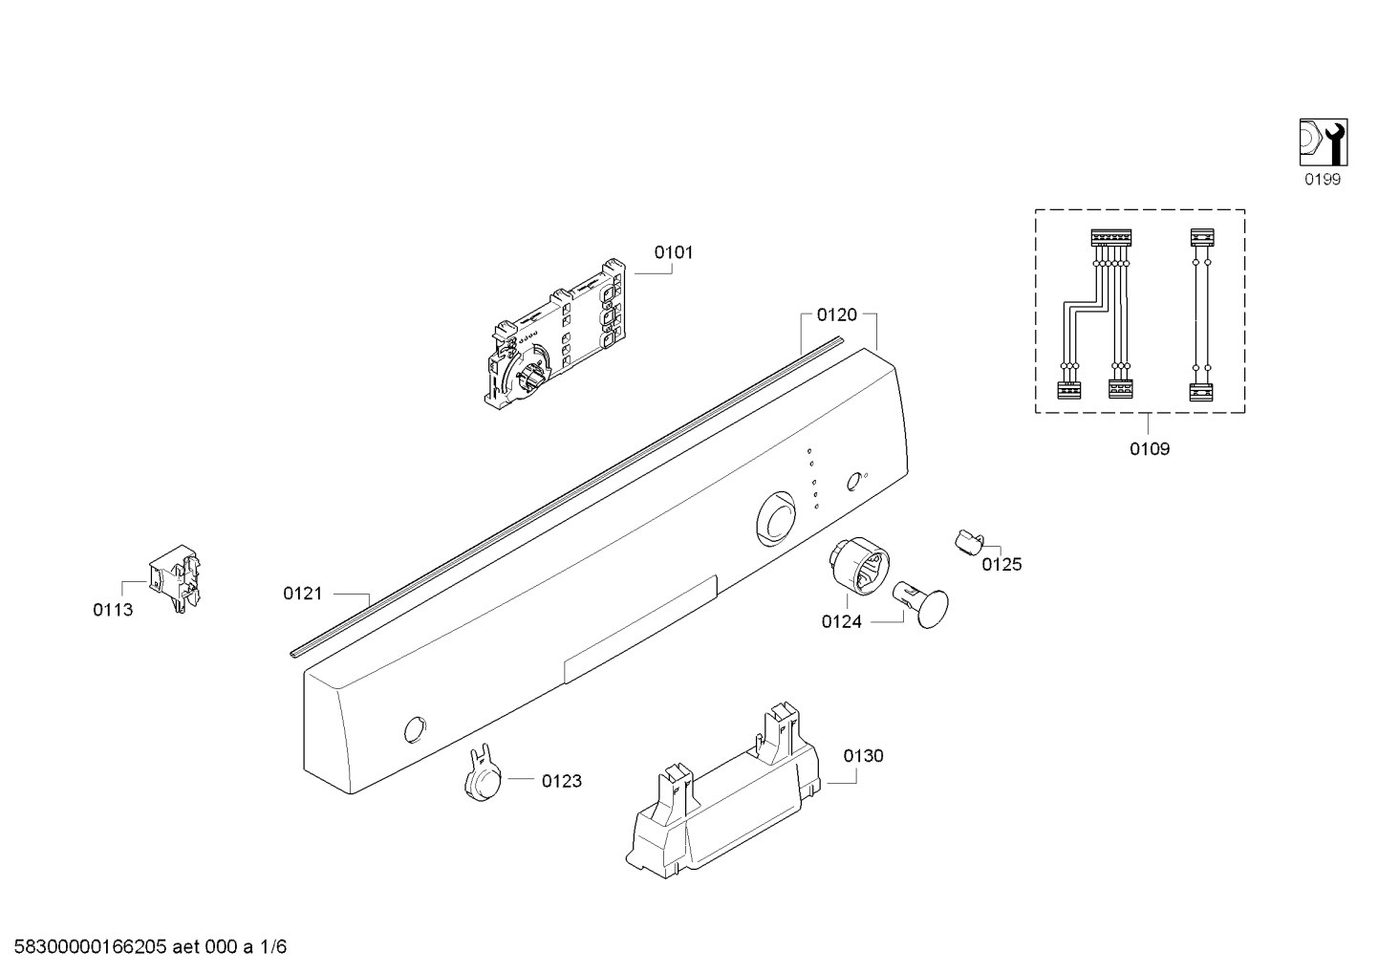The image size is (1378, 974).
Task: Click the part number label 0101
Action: (673, 252)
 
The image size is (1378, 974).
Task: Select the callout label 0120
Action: (837, 315)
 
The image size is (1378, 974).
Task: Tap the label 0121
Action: (303, 594)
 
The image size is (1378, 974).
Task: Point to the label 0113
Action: (113, 610)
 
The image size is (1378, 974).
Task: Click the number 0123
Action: (562, 781)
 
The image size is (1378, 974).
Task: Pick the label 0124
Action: (842, 622)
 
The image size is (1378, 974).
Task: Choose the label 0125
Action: (1001, 564)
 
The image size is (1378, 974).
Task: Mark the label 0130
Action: (863, 755)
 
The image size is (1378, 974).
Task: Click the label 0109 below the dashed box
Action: (1150, 449)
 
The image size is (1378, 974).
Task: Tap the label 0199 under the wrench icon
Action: (1323, 180)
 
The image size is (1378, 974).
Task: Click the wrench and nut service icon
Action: (1324, 142)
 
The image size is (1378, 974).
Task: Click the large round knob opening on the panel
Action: (776, 519)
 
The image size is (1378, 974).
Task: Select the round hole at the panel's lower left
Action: (416, 729)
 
